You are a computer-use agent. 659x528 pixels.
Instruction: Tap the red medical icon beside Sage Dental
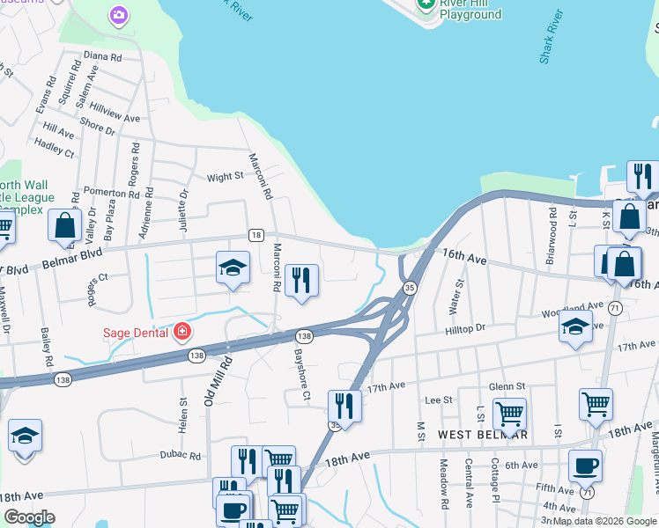point(181,332)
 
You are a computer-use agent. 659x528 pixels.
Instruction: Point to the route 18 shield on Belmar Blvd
point(255,234)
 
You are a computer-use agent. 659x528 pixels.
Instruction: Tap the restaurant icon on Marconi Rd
point(301,280)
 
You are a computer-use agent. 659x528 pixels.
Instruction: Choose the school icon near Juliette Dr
point(233,268)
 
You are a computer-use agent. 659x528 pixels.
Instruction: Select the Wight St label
point(225,177)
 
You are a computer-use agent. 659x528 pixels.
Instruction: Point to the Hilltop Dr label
point(466,327)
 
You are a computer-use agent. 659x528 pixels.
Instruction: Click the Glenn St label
point(507,385)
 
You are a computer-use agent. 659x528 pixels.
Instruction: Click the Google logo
point(29,517)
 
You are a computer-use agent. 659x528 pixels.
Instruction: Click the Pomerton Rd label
point(105,191)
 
